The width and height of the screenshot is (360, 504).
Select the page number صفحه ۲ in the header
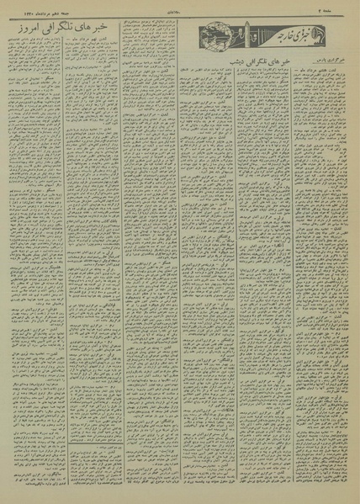tap(346, 8)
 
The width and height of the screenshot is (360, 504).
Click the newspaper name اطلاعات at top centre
tap(184, 8)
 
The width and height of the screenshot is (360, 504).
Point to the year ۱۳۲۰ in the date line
tap(16, 8)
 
